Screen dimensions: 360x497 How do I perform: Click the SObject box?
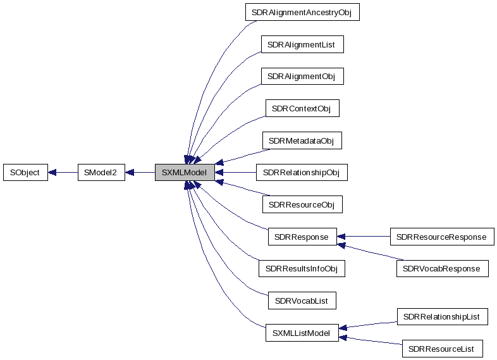pyautogui.click(x=25, y=172)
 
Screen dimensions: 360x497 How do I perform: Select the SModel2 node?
pyautogui.click(x=101, y=172)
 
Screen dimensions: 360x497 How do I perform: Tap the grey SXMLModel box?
pyautogui.click(x=184, y=172)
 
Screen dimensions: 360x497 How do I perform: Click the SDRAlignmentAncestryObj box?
pyautogui.click(x=301, y=12)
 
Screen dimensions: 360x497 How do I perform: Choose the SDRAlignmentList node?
pyautogui.click(x=301, y=44)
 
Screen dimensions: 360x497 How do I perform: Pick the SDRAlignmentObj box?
pyautogui.click(x=301, y=76)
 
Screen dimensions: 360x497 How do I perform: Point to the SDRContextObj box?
pyautogui.click(x=301, y=108)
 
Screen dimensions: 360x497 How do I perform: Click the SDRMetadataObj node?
pyautogui.click(x=301, y=140)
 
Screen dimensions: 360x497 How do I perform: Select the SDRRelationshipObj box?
pyautogui.click(x=301, y=172)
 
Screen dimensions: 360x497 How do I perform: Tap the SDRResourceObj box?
pyautogui.click(x=301, y=204)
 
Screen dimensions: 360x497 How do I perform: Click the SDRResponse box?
pyautogui.click(x=301, y=237)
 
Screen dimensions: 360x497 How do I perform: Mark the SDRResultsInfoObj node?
pyautogui.click(x=301, y=269)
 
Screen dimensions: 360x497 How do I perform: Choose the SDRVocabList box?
pyautogui.click(x=301, y=301)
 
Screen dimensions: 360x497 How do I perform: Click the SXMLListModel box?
pyautogui.click(x=301, y=333)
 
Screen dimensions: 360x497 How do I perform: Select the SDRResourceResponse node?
pyautogui.click(x=441, y=237)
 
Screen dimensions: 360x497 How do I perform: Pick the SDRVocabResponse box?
pyautogui.click(x=441, y=269)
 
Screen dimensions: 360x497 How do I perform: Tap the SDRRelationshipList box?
pyautogui.click(x=441, y=316)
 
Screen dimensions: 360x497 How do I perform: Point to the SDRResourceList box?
pyautogui.click(x=441, y=349)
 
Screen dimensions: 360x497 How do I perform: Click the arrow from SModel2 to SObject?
pyautogui.click(x=63, y=172)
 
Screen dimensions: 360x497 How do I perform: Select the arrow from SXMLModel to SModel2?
pyautogui.click(x=140, y=172)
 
